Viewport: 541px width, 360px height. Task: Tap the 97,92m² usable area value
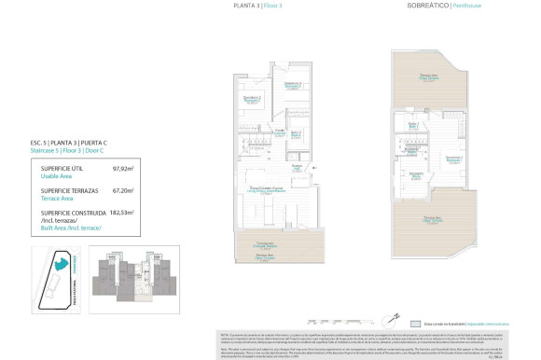[123, 169]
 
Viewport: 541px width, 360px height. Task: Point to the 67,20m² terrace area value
[123, 190]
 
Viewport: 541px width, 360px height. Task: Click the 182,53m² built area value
[122, 212]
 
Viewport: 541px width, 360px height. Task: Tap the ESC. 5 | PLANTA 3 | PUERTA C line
[69, 143]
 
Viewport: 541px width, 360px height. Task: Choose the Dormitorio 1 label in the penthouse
[454, 159]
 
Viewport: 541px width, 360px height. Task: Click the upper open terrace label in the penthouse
[428, 76]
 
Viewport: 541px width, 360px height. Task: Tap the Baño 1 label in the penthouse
[413, 124]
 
